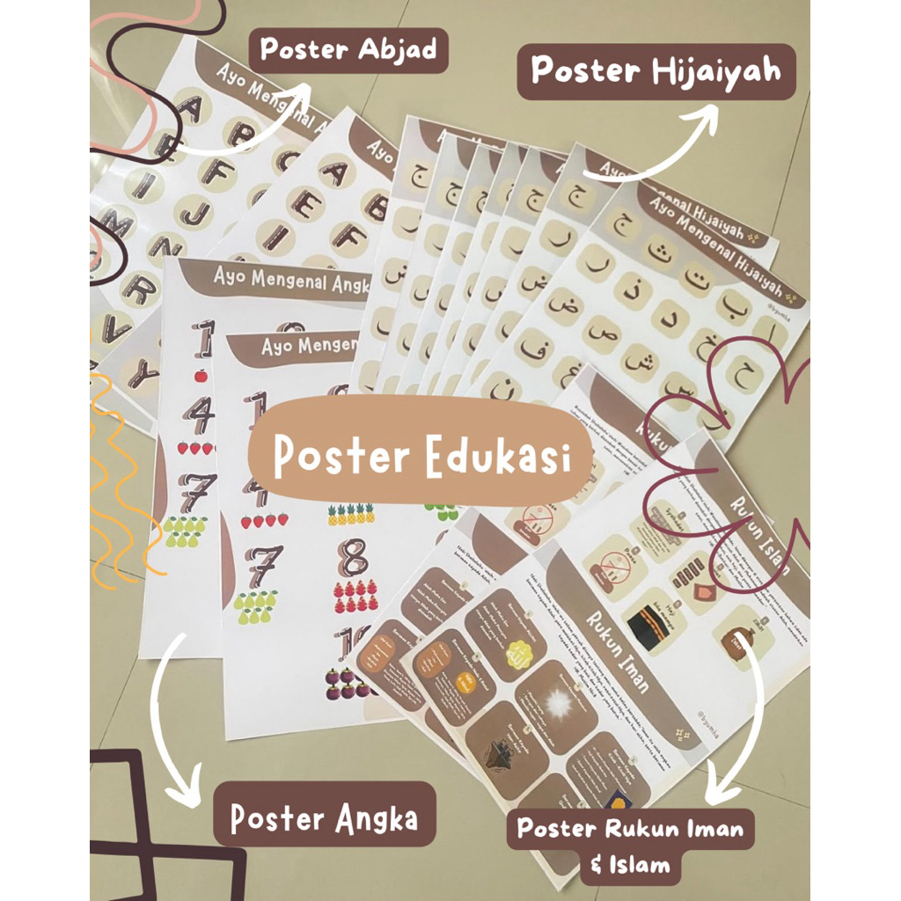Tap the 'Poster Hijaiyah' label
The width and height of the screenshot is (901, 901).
click(656, 71)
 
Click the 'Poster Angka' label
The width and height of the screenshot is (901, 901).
click(324, 819)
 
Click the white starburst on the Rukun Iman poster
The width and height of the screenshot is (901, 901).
click(557, 703)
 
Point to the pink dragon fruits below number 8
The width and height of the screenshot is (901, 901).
click(355, 597)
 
